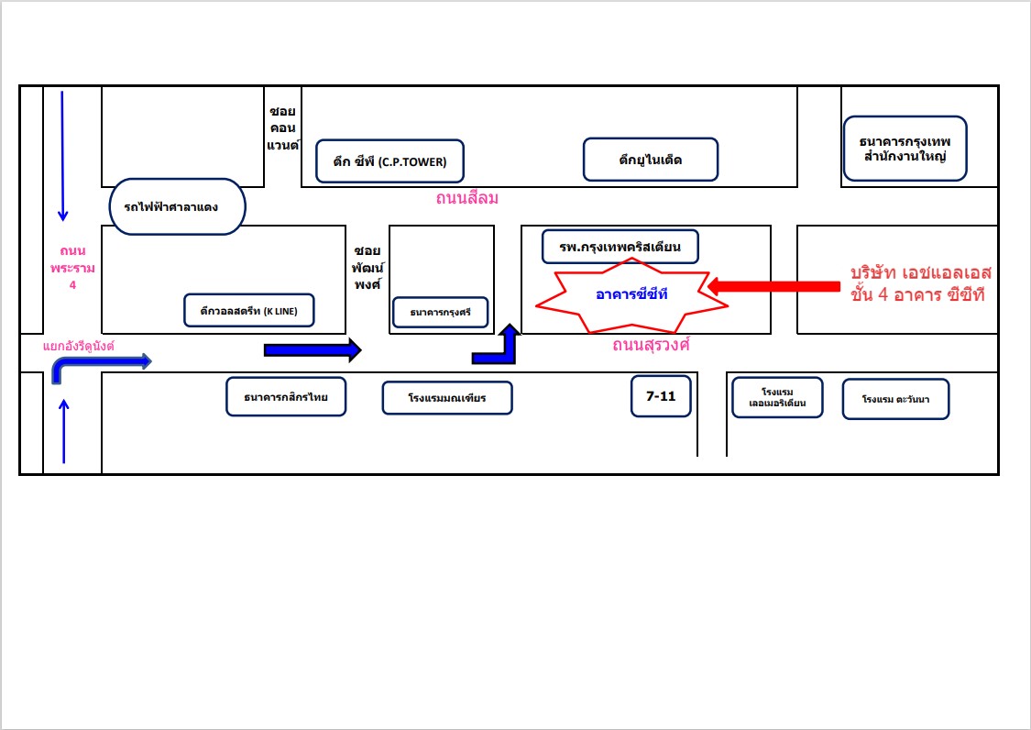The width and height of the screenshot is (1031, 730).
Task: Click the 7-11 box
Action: (x=661, y=396)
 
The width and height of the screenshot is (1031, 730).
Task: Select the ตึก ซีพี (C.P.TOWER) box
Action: (x=389, y=161)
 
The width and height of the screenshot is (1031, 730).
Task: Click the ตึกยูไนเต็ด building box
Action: (x=651, y=160)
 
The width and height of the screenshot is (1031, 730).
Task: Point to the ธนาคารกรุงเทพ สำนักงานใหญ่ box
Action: (x=905, y=149)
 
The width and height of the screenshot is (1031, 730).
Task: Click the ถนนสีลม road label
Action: (x=466, y=198)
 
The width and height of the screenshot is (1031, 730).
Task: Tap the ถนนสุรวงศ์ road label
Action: (x=651, y=345)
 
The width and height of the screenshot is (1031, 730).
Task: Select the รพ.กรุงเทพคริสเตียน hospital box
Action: (x=620, y=247)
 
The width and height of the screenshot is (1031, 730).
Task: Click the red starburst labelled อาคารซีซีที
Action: (x=631, y=294)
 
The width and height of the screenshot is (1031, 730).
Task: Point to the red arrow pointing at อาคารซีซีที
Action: (x=773, y=286)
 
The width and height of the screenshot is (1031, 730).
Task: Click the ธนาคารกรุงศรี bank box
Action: (x=441, y=312)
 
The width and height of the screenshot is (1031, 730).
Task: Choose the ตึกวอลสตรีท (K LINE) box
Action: (x=249, y=311)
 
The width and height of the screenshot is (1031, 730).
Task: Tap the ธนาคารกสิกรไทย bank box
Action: (x=286, y=397)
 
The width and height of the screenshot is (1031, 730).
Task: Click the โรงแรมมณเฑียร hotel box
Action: (x=447, y=398)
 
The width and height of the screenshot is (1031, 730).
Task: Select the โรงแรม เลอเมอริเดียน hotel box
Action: (x=777, y=398)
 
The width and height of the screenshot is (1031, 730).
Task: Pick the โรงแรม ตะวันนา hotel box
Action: (x=895, y=399)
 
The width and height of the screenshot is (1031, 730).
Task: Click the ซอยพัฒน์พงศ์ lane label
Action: (x=367, y=268)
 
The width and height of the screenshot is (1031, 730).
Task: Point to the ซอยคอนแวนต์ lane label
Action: (x=283, y=128)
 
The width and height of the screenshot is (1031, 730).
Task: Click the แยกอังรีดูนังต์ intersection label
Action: (x=79, y=347)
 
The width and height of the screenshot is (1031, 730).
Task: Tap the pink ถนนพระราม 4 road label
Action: (x=72, y=268)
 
